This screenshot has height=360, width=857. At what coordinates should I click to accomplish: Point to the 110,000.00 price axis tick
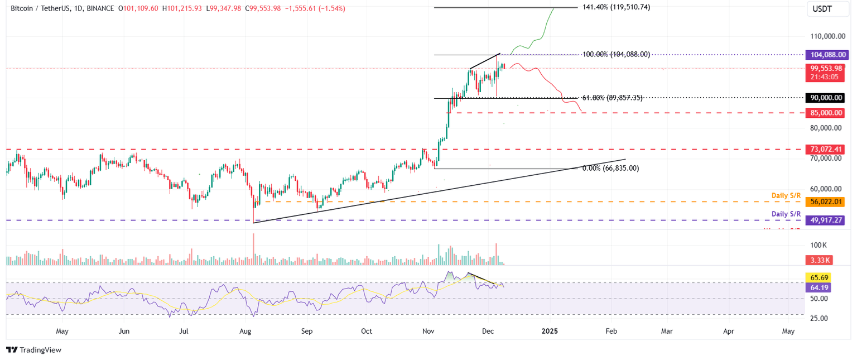[826, 36]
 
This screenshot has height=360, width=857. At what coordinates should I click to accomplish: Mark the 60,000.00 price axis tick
[826, 189]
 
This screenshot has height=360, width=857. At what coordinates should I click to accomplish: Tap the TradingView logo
[34, 350]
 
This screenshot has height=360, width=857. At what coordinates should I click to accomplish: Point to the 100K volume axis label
[819, 246]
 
